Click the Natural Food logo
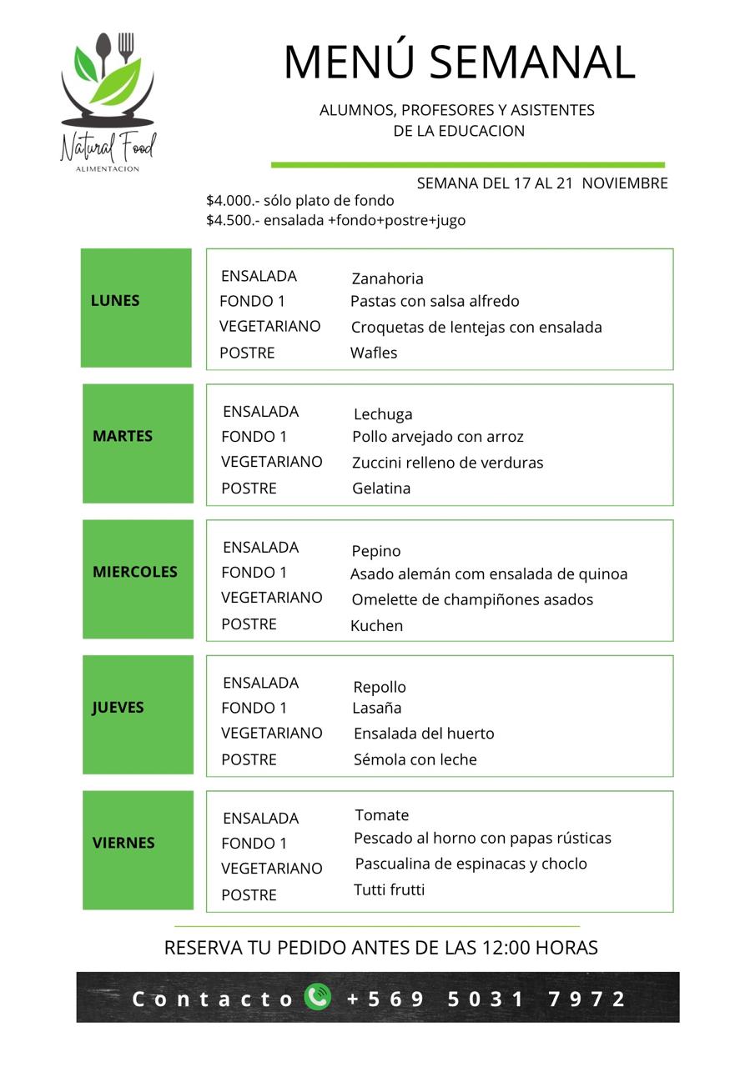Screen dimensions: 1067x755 click(x=108, y=102)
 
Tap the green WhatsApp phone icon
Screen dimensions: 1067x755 click(x=317, y=997)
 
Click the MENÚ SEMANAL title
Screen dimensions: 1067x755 click(x=459, y=63)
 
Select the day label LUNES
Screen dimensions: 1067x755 click(x=115, y=301)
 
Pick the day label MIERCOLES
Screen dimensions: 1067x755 click(x=135, y=572)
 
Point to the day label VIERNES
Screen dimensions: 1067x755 click(x=123, y=843)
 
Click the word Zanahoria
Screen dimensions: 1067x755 click(x=387, y=278)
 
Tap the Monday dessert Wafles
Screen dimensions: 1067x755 click(x=374, y=353)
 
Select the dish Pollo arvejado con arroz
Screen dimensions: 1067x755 click(x=438, y=437)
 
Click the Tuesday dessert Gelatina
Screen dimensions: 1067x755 click(x=381, y=488)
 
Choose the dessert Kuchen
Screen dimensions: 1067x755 click(x=376, y=626)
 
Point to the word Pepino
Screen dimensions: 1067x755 click(x=376, y=551)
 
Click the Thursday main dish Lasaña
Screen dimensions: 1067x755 click(x=377, y=708)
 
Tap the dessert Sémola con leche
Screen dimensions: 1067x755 click(x=415, y=759)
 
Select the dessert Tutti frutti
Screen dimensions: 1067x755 click(x=390, y=889)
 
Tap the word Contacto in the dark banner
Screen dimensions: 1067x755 click(x=213, y=999)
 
